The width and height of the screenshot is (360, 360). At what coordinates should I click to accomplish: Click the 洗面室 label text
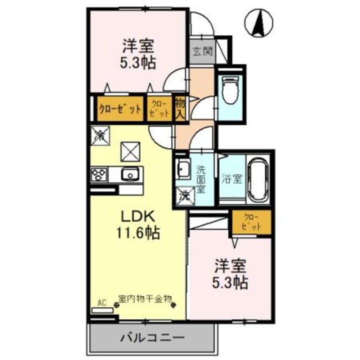[200, 179]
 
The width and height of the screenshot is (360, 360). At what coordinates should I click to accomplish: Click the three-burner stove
[99, 175]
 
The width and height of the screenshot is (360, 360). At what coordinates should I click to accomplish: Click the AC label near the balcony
[102, 302]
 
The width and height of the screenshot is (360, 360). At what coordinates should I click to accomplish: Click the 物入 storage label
[180, 107]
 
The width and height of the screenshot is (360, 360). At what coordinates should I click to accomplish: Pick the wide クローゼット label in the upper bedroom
[119, 108]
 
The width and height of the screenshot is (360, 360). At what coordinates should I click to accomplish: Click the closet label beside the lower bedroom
[251, 221]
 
